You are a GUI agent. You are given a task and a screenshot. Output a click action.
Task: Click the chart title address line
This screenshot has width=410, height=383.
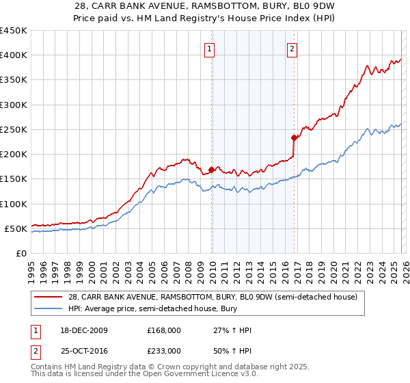[x=204, y=8]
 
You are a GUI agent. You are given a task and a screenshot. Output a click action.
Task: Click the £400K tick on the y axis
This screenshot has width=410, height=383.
[x=13, y=55]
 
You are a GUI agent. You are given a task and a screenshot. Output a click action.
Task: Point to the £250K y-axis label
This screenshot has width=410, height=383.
[x=13, y=129]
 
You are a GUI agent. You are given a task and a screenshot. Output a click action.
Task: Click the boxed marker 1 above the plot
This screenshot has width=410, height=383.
[x=208, y=49]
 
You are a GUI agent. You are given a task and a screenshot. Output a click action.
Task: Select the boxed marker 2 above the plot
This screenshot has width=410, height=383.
[x=292, y=49]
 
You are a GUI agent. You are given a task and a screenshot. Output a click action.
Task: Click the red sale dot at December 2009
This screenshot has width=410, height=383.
[x=211, y=170]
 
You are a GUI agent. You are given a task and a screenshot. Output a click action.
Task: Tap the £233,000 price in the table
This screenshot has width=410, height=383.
[x=163, y=351]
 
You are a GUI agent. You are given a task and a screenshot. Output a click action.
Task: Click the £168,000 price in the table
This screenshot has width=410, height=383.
[x=163, y=330]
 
